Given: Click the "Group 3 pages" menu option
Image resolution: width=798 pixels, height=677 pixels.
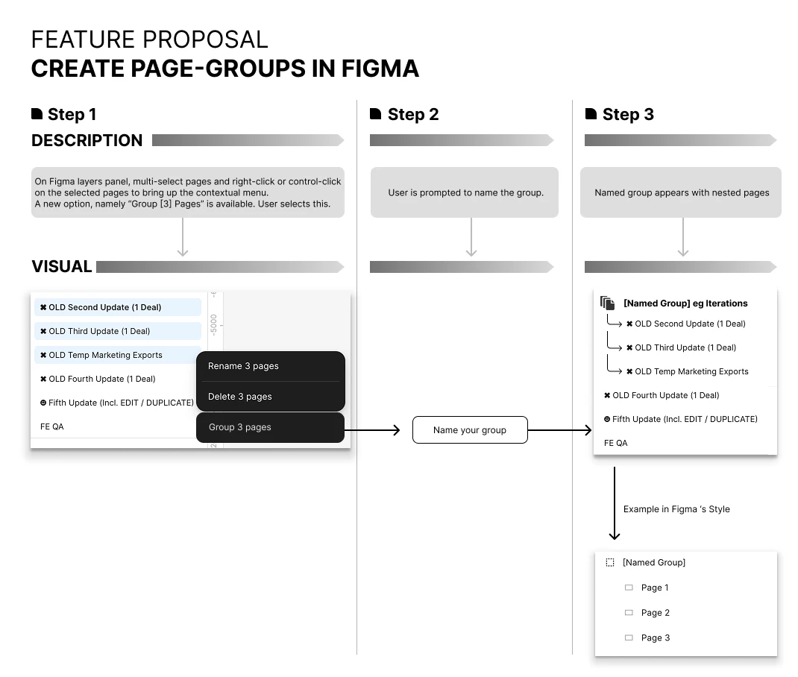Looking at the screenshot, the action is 270,427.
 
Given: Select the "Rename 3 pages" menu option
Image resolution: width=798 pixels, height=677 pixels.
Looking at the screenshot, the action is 243,365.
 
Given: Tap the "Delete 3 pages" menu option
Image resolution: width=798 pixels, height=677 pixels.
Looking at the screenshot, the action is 239,396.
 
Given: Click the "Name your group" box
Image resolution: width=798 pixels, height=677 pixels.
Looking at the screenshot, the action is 470,429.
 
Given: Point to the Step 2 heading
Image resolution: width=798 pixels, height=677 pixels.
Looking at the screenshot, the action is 412,114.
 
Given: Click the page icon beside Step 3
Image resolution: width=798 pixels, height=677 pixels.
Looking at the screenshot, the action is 591,113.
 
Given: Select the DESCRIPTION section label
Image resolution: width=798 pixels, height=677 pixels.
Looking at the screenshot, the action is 87,140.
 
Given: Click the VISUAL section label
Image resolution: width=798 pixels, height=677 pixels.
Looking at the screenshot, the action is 62,266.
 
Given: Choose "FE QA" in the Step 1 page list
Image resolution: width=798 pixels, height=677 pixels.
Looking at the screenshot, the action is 52,426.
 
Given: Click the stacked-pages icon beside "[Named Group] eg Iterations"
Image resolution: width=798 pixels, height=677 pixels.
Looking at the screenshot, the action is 607,303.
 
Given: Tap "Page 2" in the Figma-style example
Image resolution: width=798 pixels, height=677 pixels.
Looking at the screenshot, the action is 655,613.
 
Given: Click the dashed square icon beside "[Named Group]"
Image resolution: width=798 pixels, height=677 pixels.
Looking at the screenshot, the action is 610,563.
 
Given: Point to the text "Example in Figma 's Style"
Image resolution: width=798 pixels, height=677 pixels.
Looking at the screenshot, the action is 676,509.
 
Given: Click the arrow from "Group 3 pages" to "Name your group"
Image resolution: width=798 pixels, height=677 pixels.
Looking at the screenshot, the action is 372,430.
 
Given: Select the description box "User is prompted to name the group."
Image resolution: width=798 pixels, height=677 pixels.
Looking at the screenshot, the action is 465,192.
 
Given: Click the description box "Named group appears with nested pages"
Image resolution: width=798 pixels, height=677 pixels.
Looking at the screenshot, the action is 681,192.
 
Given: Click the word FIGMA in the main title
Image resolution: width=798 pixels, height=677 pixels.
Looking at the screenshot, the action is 380,69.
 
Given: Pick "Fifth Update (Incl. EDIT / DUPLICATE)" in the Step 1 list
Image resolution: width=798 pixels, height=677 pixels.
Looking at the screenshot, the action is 117,403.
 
